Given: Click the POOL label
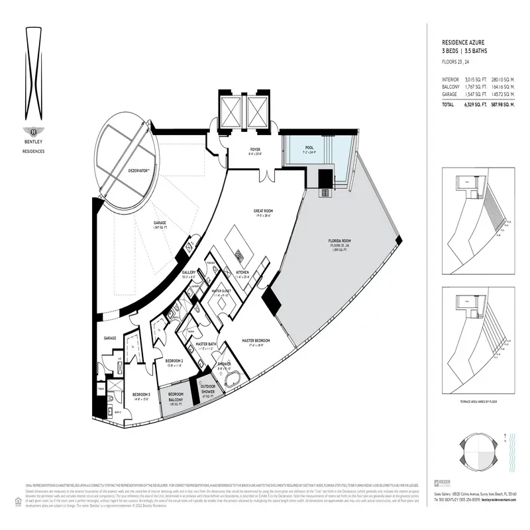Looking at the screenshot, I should click(309, 148).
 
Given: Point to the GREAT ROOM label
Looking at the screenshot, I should click(264, 211).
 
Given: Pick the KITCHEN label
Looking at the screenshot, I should click(242, 272).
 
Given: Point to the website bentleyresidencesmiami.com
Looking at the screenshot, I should click(503, 500).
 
